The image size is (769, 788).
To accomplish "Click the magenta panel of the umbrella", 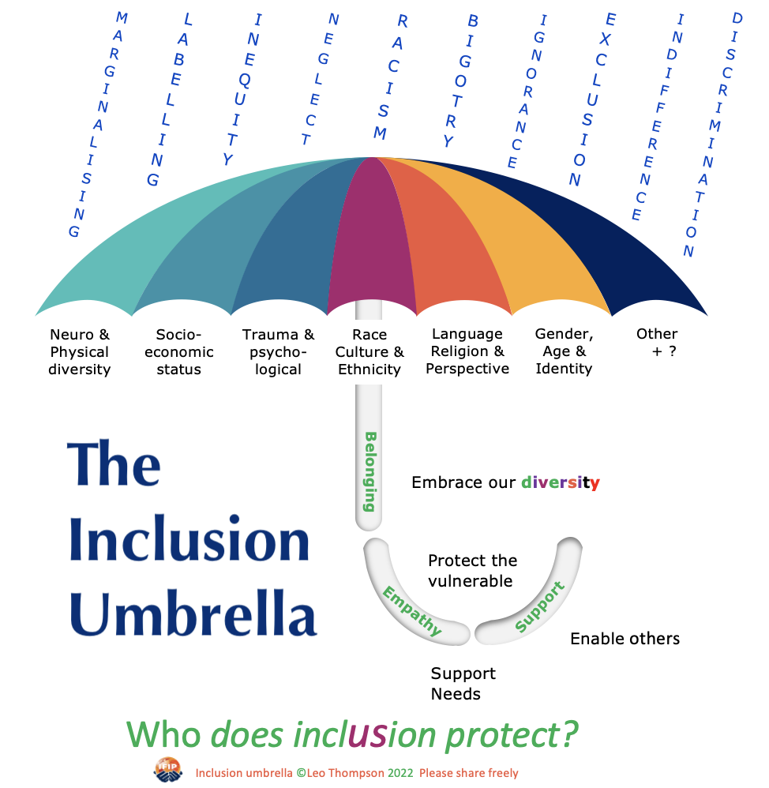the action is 371,236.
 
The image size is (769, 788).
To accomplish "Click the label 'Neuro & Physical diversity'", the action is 80,352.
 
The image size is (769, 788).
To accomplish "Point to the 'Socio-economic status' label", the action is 179,352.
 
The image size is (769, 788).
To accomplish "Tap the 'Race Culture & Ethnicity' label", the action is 369,352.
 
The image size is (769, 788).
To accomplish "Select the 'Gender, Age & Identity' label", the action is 564,351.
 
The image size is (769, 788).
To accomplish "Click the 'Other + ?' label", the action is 658,342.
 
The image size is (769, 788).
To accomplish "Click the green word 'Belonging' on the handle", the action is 369,471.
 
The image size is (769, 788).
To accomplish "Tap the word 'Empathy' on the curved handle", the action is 412,610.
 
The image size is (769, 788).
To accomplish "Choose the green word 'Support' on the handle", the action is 540,606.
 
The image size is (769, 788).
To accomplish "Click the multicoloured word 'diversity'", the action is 561,482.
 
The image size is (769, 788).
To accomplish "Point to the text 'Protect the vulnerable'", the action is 472,570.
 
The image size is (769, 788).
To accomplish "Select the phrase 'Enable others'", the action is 625,639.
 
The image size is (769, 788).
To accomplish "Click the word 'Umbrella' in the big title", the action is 193,614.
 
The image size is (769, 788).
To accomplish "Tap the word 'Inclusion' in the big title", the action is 189,538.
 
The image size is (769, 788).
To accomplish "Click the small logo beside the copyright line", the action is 168,770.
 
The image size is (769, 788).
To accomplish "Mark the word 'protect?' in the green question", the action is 512,736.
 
